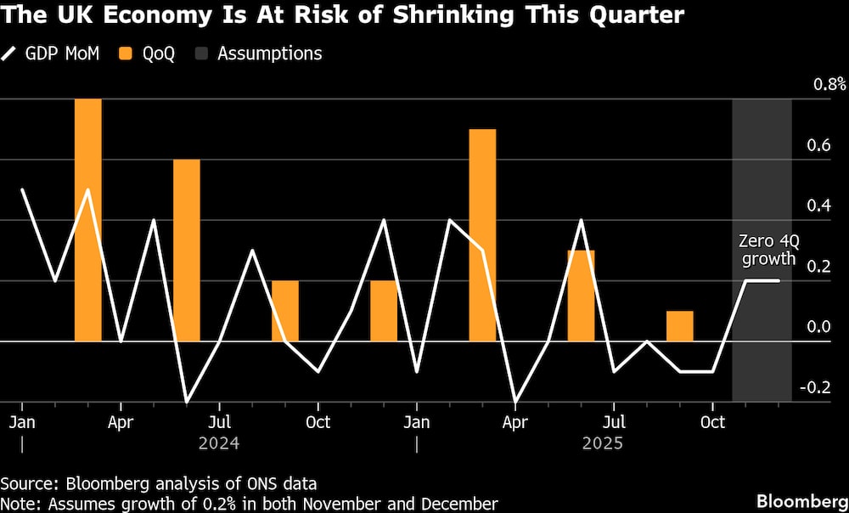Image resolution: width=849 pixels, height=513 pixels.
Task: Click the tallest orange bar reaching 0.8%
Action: coord(88,220)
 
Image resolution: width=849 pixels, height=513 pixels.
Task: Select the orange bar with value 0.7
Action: coord(482,235)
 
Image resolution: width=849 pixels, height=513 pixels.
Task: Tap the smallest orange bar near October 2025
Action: coord(679,326)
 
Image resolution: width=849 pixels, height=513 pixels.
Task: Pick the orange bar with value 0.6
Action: coord(187,251)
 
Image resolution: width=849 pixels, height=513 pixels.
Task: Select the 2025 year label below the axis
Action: coord(601,443)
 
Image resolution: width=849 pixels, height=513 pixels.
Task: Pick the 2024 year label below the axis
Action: coord(219,443)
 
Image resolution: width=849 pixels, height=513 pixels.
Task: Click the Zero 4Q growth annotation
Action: coord(766,251)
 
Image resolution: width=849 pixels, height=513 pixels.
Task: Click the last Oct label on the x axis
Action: coord(712,421)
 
